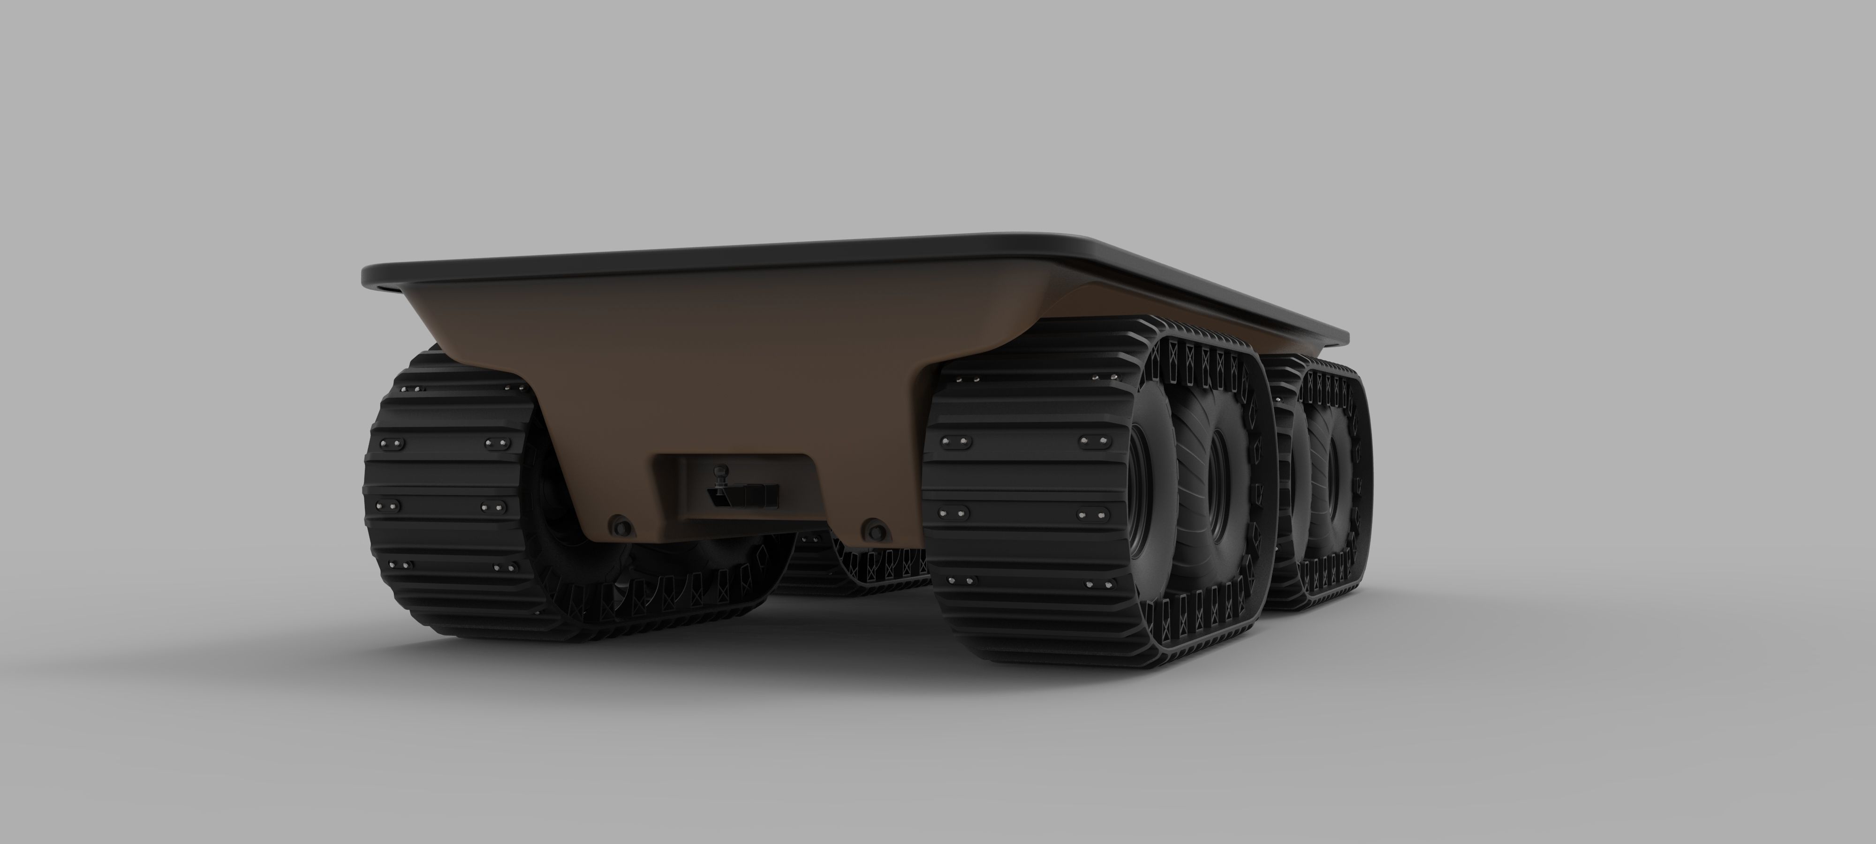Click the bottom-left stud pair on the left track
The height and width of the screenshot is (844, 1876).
coord(401,565)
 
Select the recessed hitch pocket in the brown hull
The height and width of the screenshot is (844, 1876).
coord(735,484)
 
